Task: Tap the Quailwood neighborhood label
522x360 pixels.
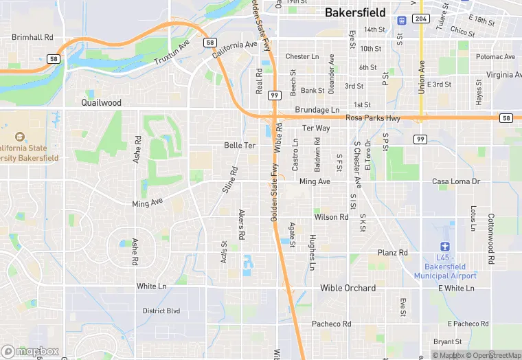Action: [101, 102]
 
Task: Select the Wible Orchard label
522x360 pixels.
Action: [348, 288]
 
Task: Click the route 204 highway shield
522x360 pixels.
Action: [422, 19]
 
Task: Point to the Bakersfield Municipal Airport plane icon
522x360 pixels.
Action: [446, 247]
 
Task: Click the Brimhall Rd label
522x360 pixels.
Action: [32, 37]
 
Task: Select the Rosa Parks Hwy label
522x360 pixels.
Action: [373, 118]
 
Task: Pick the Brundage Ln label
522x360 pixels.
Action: [317, 110]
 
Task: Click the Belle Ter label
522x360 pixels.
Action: [240, 146]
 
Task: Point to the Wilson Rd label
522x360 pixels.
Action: [332, 217]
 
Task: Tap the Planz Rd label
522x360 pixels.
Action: [393, 253]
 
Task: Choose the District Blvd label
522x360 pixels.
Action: [161, 311]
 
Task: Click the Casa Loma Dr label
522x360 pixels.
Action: [455, 181]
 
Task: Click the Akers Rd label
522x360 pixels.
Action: [241, 224]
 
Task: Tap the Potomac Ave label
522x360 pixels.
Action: [495, 57]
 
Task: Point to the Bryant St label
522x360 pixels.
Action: [448, 341]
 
